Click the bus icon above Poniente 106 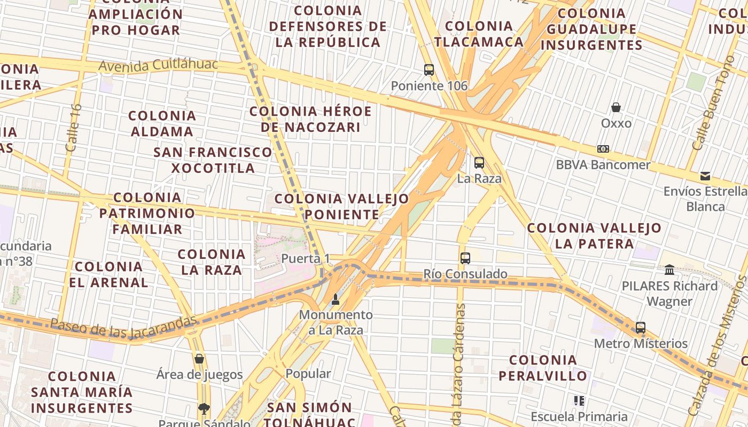pyautogui.click(x=429, y=70)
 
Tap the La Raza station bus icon pyautogui.click(x=479, y=163)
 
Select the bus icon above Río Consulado pyautogui.click(x=465, y=258)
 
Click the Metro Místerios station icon pyautogui.click(x=641, y=328)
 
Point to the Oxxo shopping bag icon pyautogui.click(x=616, y=108)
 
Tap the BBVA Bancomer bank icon pyautogui.click(x=603, y=149)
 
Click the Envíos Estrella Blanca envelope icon pyautogui.click(x=705, y=176)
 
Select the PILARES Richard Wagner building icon pyautogui.click(x=669, y=270)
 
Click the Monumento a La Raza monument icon pyautogui.click(x=336, y=299)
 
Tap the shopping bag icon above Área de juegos pyautogui.click(x=199, y=359)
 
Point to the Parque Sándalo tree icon pyautogui.click(x=204, y=409)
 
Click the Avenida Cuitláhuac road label pyautogui.click(x=159, y=65)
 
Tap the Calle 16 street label pyautogui.click(x=73, y=128)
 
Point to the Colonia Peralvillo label pyautogui.click(x=543, y=368)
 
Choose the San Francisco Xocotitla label pyautogui.click(x=213, y=160)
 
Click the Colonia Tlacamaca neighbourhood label pyautogui.click(x=478, y=34)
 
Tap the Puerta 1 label pyautogui.click(x=306, y=259)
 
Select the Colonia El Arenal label pyautogui.click(x=108, y=274)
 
